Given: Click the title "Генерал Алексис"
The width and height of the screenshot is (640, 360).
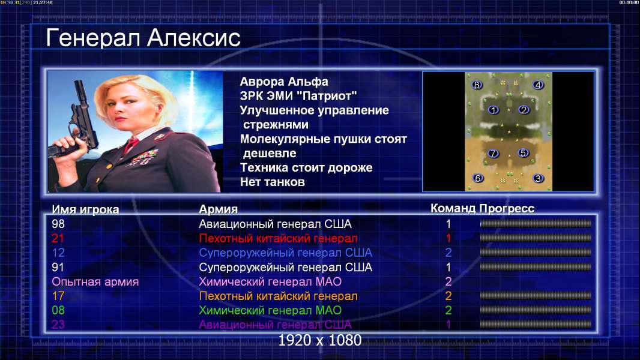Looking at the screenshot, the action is click(143, 38).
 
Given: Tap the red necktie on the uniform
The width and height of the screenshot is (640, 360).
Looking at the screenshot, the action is click(131, 144).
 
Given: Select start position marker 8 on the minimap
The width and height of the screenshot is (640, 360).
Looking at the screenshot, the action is click(476, 85).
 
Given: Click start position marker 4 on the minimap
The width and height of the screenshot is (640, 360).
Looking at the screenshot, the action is click(538, 85).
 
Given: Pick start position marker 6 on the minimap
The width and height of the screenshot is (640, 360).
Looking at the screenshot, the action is click(477, 178).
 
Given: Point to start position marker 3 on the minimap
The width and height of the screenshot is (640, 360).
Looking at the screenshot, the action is click(538, 179).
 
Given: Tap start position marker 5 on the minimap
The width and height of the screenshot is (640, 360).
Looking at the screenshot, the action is click(523, 153).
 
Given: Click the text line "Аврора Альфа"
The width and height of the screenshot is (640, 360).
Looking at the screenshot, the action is click(283, 82).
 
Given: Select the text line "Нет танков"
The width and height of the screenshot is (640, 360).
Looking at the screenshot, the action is click(272, 182).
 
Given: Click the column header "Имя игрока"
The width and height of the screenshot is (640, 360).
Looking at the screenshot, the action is click(85, 209).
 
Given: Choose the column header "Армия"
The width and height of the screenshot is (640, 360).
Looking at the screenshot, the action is click(218, 209).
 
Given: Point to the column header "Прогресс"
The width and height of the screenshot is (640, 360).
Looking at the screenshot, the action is click(507, 208).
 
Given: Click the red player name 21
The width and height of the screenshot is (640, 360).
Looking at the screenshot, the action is click(58, 238).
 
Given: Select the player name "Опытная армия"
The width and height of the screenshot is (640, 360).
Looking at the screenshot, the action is click(95, 282).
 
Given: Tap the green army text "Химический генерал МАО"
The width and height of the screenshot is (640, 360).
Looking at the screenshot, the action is click(270, 310).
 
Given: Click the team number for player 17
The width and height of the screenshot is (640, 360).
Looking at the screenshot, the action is click(448, 296).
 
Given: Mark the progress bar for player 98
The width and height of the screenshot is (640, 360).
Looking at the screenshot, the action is click(536, 223).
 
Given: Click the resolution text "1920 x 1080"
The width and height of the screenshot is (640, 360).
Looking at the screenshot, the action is click(319, 340).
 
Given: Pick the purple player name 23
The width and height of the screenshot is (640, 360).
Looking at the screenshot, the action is click(58, 325).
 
